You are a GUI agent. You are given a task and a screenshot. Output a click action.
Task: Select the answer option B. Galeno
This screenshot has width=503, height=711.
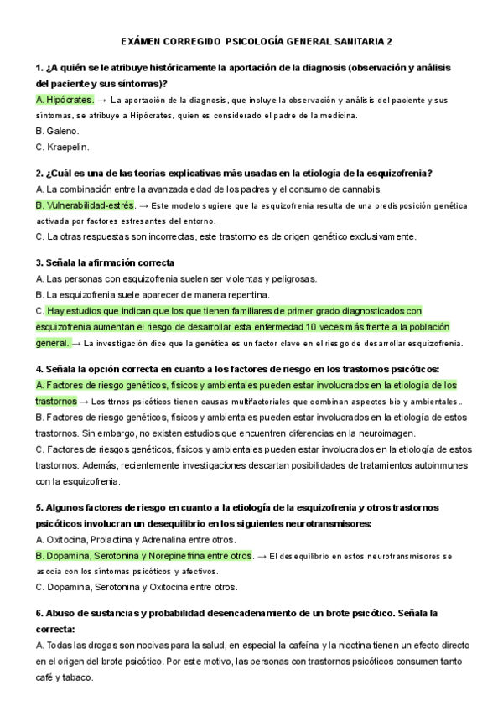point(58,131)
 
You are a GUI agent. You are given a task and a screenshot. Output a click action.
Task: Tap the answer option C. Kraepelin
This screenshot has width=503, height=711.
point(62,147)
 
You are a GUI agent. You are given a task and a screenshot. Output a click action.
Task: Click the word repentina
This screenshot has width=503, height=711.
point(246,294)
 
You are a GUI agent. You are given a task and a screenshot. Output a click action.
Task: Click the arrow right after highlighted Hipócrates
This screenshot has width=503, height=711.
point(103,100)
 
